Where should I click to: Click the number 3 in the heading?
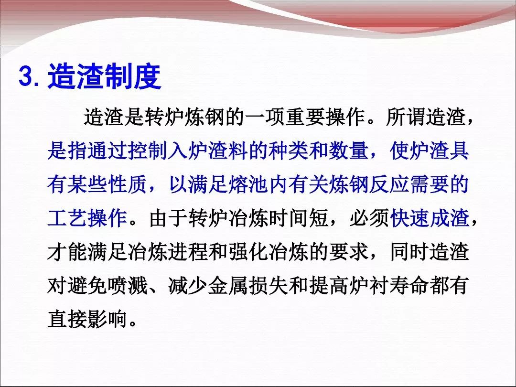(26, 76)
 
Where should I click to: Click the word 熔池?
(248, 184)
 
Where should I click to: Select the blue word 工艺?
(67, 218)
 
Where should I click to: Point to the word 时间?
(288, 218)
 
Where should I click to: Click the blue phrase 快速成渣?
(430, 218)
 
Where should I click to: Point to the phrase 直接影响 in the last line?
(87, 319)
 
